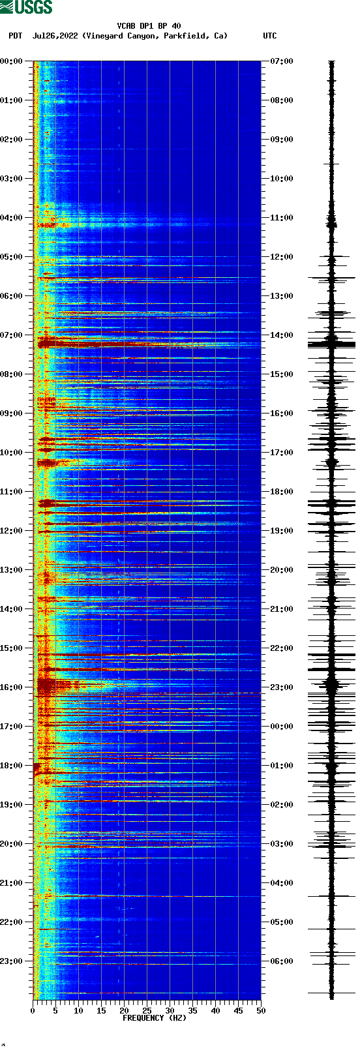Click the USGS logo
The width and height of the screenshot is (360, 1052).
26,8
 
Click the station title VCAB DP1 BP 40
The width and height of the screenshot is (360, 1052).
149,26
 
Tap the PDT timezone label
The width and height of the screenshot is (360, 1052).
15,36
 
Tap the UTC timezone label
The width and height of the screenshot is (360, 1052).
269,36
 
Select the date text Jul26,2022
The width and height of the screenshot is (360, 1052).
55,36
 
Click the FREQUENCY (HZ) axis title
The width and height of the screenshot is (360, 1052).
154,1018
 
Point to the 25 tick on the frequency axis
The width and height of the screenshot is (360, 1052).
147,1011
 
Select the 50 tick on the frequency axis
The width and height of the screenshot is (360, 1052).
261,1011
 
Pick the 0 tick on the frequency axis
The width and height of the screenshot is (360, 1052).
33,1011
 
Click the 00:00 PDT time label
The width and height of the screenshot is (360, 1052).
12,61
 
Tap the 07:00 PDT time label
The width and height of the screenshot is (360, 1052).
12,335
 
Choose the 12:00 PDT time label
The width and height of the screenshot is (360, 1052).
12,531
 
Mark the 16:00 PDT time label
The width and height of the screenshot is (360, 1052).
12,687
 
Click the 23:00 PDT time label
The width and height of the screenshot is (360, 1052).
12,961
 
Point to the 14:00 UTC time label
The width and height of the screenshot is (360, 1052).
281,335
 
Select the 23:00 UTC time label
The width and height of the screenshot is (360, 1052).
281,687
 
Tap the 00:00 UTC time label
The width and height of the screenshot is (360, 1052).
281,727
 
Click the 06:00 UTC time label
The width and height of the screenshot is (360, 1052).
281,961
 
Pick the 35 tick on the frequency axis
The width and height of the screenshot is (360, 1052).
192,1011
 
